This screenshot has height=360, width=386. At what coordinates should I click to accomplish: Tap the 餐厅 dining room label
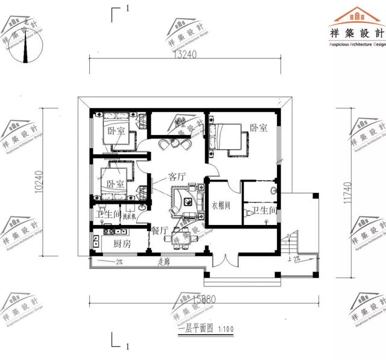point(159,230)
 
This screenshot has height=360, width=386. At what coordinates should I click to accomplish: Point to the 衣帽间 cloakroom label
point(221,205)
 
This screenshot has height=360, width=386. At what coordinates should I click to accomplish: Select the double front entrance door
point(223,261)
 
